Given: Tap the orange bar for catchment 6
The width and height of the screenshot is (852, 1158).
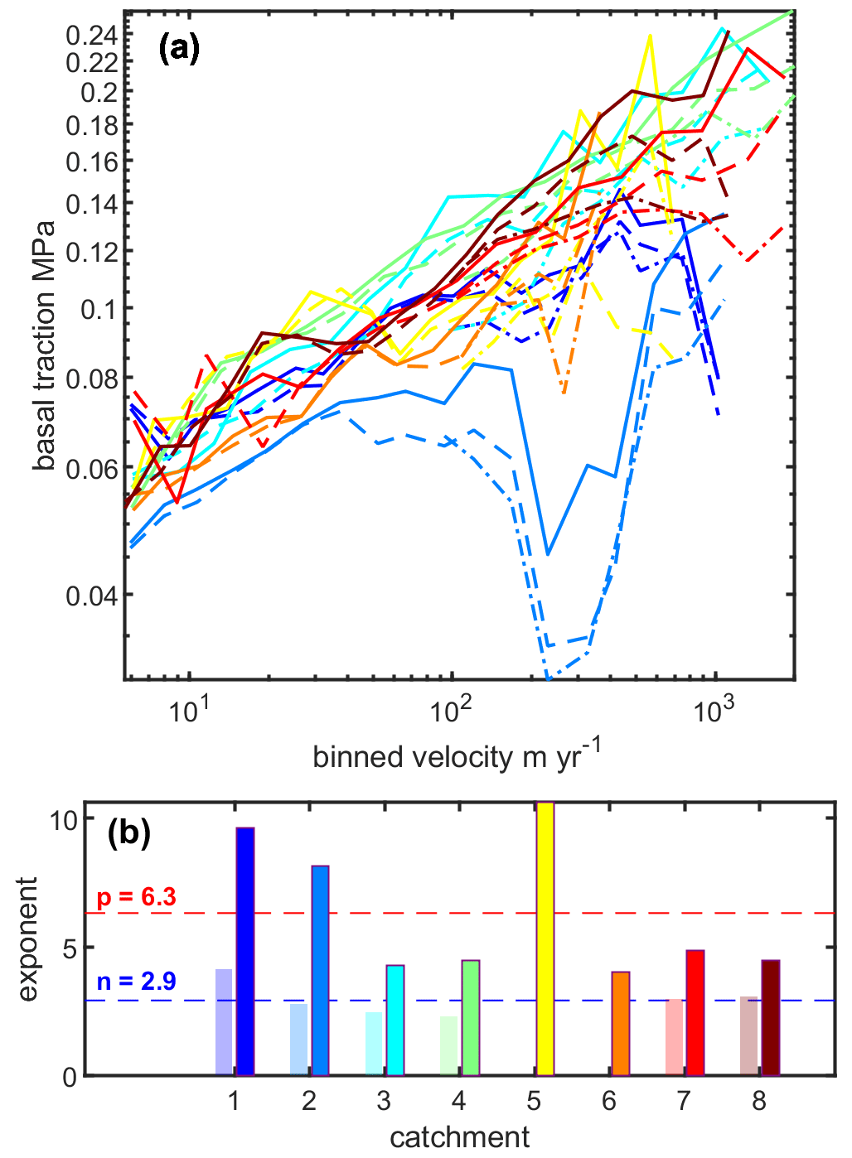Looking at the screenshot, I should pyautogui.click(x=621, y=1024).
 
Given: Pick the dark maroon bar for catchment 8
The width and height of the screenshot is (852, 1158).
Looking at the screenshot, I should pyautogui.click(x=771, y=1018).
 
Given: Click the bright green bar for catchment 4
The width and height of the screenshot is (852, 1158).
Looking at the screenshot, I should pyautogui.click(x=471, y=1018).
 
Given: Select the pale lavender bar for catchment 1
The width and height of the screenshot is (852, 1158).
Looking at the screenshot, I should pyautogui.click(x=224, y=1022).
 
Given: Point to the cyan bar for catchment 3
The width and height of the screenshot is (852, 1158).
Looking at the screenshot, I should pyautogui.click(x=395, y=1020).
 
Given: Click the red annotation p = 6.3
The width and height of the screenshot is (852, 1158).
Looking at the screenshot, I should pyautogui.click(x=137, y=897).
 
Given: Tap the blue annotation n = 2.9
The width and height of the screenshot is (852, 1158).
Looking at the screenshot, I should pyautogui.click(x=137, y=982).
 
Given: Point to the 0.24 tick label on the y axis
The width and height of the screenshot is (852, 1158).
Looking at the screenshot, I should pyautogui.click(x=92, y=36).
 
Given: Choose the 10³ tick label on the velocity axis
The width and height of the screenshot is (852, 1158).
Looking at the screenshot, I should pyautogui.click(x=711, y=710).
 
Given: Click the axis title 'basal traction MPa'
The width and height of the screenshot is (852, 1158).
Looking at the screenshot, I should pyautogui.click(x=46, y=345).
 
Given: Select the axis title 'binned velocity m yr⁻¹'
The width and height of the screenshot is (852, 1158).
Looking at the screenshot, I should pyautogui.click(x=457, y=756).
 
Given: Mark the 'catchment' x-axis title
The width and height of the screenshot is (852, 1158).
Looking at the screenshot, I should pyautogui.click(x=459, y=1136).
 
